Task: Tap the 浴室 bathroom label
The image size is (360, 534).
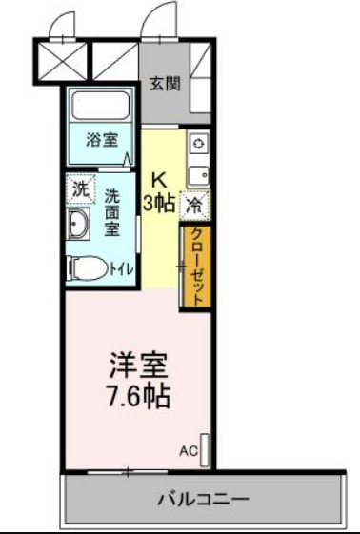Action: pyautogui.click(x=102, y=141)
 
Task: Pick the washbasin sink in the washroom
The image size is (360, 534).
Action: pyautogui.click(x=80, y=225)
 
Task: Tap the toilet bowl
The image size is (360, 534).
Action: pyautogui.click(x=90, y=268)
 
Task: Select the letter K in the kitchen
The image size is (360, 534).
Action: pyautogui.click(x=158, y=178)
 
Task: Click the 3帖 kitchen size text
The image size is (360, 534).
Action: pyautogui.click(x=158, y=202)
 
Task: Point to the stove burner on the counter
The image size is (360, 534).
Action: pyautogui.click(x=198, y=144)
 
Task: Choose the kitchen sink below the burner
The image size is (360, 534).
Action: pyautogui.click(x=198, y=174)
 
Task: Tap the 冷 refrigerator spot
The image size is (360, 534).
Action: pyautogui.click(x=194, y=204)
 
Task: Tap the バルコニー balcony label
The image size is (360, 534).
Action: pyautogui.click(x=203, y=499)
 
